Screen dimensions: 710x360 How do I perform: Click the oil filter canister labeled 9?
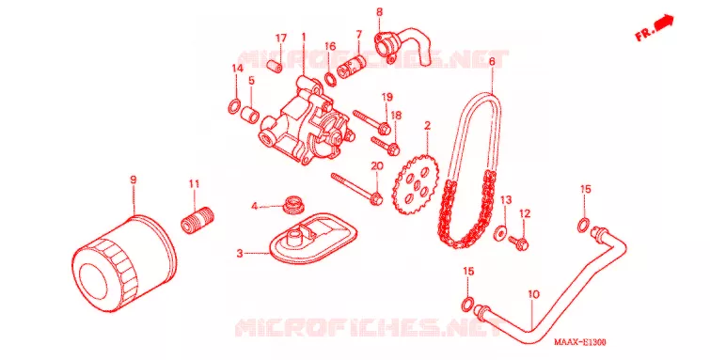coord(124,263)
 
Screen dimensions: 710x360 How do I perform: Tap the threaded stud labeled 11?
coord(197,219)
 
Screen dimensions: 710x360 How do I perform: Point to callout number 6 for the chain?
coord(492,60)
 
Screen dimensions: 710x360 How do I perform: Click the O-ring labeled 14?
coord(234,107)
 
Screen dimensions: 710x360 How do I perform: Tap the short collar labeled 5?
coord(251,114)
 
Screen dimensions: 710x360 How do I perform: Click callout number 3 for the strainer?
coord(240,253)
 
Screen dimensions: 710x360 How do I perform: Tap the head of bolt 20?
coord(375,198)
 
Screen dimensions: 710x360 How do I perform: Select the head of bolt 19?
coord(384,128)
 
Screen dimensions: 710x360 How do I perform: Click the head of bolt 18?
coord(393,147)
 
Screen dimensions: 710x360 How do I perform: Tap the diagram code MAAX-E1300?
coord(580,342)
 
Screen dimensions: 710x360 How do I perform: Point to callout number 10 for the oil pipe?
coord(533,294)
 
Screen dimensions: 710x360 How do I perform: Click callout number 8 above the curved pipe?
coord(379,12)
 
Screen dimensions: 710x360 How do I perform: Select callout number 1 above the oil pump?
coord(304,36)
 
